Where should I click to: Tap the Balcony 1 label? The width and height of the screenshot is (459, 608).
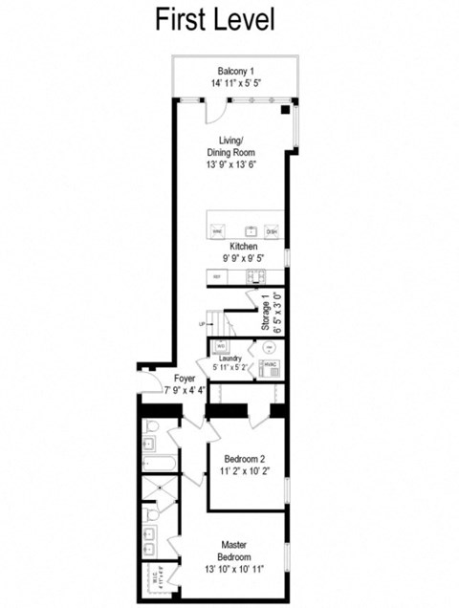coord(235,72)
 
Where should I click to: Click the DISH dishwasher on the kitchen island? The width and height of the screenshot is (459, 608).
coord(272,231)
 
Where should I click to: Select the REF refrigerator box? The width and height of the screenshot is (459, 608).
coord(217,276)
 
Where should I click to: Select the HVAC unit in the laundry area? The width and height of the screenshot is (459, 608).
coord(271,366)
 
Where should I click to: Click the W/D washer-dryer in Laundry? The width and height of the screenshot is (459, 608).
coord(221,345)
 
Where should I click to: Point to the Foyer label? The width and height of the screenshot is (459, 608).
coord(185,378)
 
